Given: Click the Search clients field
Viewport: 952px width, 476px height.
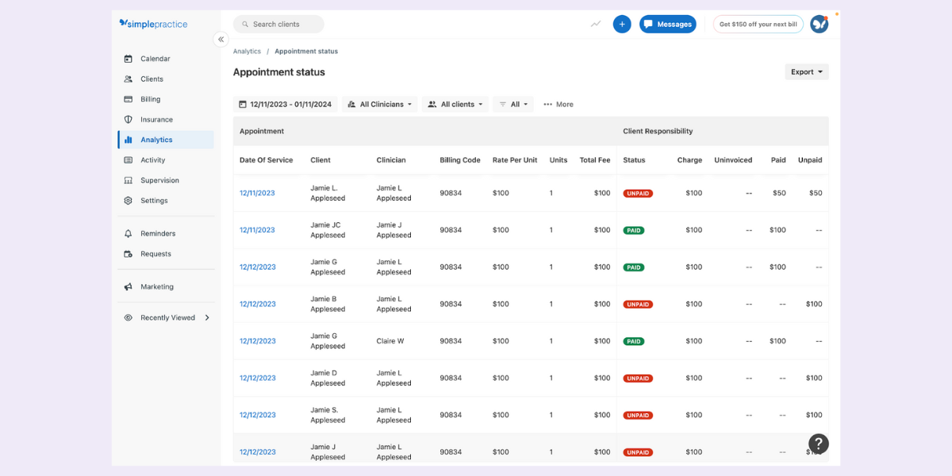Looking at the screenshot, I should coord(278,25).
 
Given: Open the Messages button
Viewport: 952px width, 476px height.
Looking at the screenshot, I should coord(667,25).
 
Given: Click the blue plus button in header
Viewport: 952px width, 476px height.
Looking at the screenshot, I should coord(622,25).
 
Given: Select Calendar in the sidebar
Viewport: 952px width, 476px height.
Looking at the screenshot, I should coord(155,59).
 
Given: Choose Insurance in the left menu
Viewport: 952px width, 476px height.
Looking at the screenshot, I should coord(156,120).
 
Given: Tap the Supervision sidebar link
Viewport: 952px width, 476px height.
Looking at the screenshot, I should coord(159,180).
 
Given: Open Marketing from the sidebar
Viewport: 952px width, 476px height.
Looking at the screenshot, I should coord(156,287).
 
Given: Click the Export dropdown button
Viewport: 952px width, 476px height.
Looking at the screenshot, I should coord(806,72).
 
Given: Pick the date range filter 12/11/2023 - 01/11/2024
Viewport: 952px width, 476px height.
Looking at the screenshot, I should coord(285,105).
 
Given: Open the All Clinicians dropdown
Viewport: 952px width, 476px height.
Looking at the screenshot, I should coord(381,105).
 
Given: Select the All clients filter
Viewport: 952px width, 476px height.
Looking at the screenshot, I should coord(455,105).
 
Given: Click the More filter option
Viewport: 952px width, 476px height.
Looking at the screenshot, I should coord(559,105).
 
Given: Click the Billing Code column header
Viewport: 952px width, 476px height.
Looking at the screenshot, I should coord(460,160).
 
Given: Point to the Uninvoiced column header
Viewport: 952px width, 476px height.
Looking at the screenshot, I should coord(732,160).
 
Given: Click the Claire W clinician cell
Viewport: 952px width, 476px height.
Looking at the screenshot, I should coord(390,341).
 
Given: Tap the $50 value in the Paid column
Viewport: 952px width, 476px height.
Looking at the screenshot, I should coord(779,194).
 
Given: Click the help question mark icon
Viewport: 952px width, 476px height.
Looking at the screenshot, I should coord(818,444).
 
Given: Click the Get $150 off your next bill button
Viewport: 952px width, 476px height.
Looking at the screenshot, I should coord(758,25).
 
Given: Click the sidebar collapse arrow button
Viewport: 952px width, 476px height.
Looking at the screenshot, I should coord(221,40).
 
